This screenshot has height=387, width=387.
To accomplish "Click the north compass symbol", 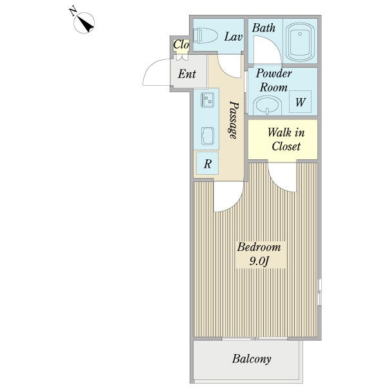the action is [84, 22].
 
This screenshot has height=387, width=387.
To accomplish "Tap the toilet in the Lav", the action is [205, 35].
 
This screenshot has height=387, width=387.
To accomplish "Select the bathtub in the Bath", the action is [300, 42].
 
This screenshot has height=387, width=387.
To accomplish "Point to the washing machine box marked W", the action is [300, 102].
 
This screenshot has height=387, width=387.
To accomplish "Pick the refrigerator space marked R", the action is [207, 163].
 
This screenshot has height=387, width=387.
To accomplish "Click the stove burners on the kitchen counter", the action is [207, 100].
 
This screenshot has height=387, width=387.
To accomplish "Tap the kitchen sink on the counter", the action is [208, 136].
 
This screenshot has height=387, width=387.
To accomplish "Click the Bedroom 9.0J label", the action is [259, 254].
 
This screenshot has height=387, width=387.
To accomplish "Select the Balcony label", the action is [252, 359].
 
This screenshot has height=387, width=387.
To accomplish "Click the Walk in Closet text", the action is [286, 139].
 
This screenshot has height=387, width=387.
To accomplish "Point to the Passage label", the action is [233, 120].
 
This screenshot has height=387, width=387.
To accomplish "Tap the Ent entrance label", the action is [187, 74].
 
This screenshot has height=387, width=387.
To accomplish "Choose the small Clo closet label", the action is [181, 45].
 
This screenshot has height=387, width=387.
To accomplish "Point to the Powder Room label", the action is [273, 81].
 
